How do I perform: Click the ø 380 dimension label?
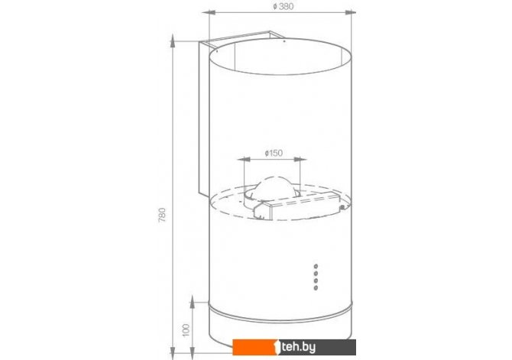[283, 7]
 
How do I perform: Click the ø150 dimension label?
[274, 153]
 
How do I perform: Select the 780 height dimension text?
[162, 215]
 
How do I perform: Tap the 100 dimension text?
[186, 330]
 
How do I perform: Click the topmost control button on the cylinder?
[316, 267]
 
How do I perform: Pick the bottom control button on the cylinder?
[316, 288]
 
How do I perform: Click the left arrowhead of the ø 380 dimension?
[209, 12]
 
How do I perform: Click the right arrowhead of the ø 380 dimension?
[351, 12]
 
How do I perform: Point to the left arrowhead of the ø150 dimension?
[244, 160]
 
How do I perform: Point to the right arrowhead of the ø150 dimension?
[300, 160]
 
